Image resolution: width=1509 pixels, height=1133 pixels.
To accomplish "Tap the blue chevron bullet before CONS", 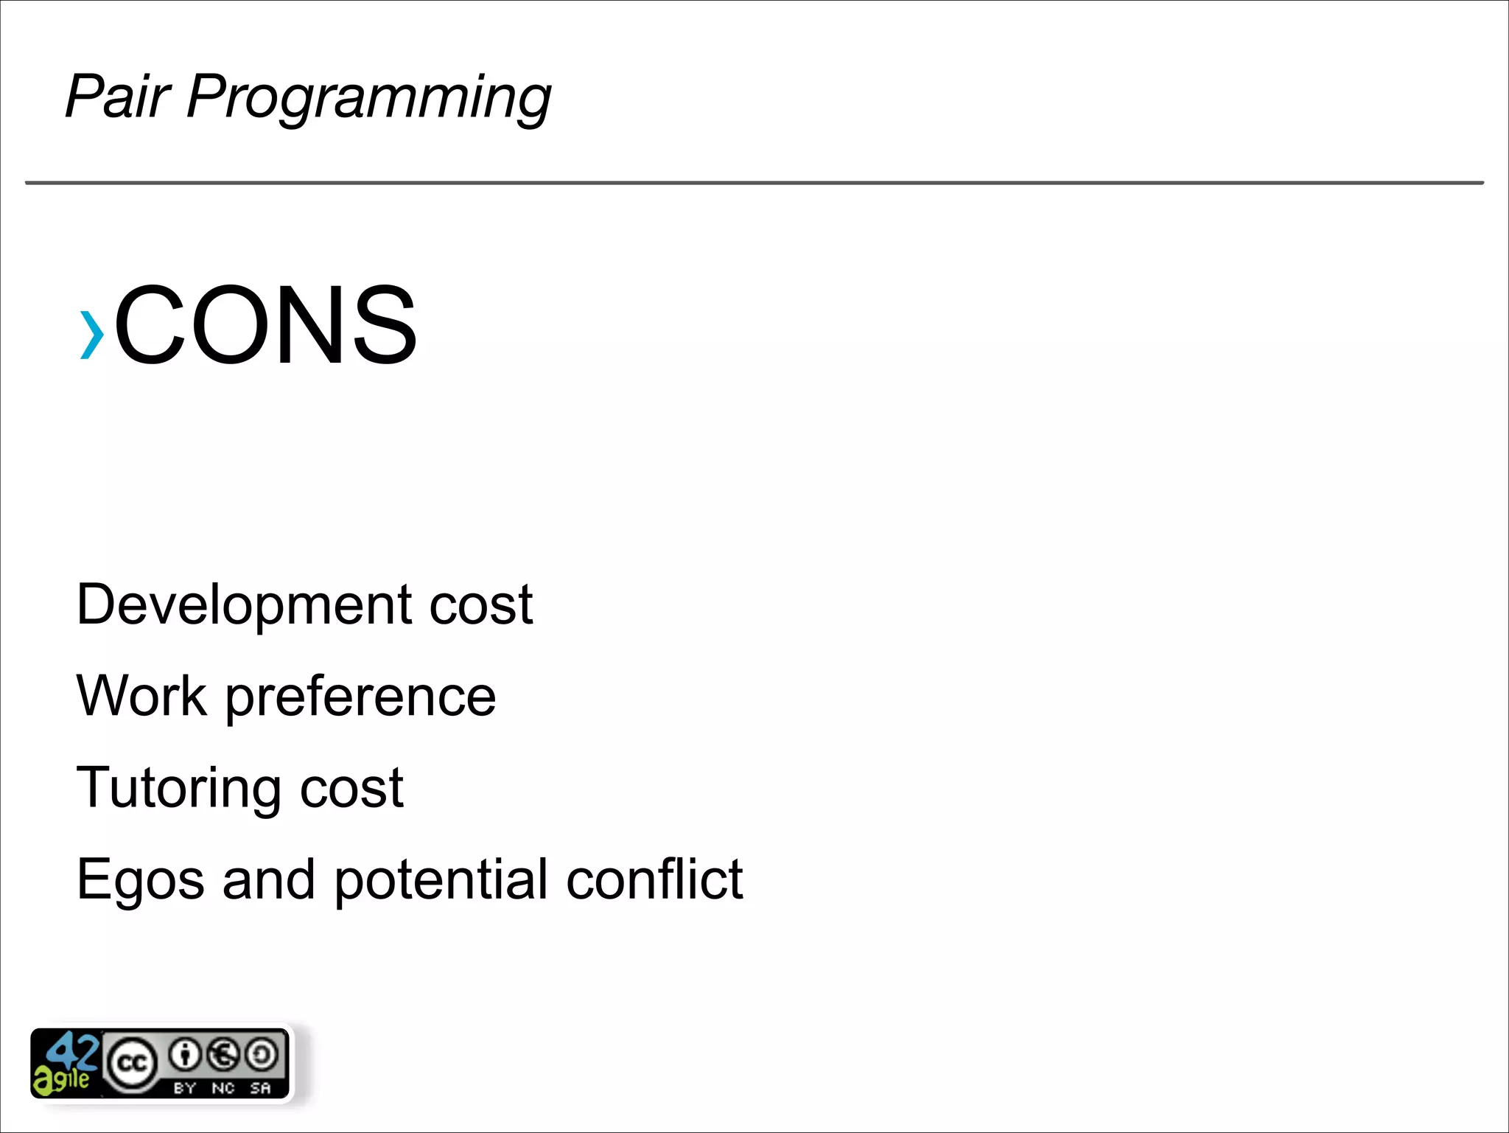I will [x=91, y=335].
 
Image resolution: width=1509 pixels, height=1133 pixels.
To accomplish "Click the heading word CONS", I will [x=265, y=325].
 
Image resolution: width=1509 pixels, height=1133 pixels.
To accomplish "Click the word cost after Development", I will [x=480, y=605].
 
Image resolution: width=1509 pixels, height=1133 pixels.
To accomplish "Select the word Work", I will [x=141, y=696].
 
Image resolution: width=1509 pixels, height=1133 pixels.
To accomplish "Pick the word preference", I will [x=360, y=698].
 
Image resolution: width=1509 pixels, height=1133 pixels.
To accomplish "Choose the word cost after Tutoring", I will [x=351, y=788].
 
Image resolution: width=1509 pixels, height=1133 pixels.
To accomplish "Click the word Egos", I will [x=140, y=880].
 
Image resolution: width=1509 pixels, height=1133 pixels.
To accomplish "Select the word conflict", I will [x=654, y=879].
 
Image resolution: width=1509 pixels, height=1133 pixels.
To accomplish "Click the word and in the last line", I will [x=269, y=879].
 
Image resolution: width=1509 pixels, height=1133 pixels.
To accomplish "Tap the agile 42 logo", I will [x=66, y=1063].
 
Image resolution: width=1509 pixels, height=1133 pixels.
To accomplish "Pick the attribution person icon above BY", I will [x=185, y=1054].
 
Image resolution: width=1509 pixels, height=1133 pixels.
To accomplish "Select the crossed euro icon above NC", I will [x=223, y=1054].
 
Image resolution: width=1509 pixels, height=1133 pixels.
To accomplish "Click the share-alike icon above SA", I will [x=261, y=1054].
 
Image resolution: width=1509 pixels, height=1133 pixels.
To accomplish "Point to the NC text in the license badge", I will [x=223, y=1088].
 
